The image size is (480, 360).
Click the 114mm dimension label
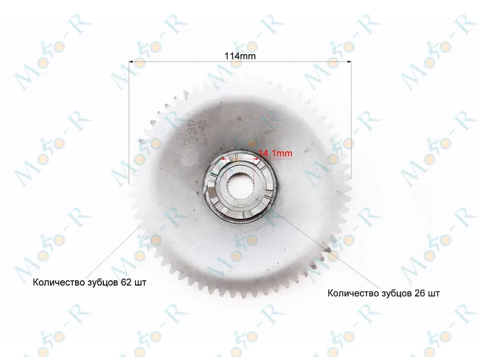click(x=240, y=56)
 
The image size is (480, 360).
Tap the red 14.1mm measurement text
click(x=275, y=153)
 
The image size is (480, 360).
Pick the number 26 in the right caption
click(x=419, y=293)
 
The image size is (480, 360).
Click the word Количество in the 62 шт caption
click(x=59, y=282)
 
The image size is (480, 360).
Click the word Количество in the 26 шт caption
click(x=353, y=293)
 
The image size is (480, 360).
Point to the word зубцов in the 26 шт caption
click(x=397, y=293)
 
